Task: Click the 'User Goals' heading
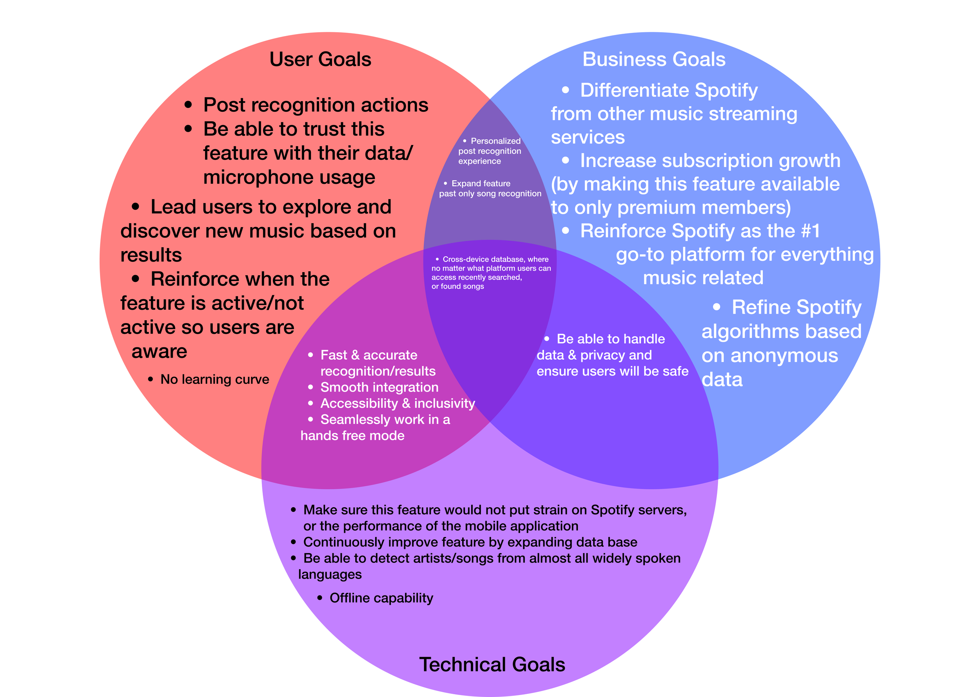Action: pos(320,59)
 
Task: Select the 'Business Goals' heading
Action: pos(653,59)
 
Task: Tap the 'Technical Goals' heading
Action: pos(492,664)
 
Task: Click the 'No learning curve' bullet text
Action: pos(214,379)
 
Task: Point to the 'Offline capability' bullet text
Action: pos(381,598)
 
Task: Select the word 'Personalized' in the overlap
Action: pos(495,141)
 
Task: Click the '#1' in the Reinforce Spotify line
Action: pos(810,231)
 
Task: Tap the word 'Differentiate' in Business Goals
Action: pos(634,90)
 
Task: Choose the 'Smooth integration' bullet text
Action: pos(379,387)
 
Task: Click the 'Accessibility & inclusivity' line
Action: pos(397,403)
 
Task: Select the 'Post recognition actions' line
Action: pos(316,105)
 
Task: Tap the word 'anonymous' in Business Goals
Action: pos(784,356)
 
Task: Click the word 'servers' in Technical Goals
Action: pos(652,510)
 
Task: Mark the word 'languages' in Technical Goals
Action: pos(330,574)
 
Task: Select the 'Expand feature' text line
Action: pos(481,183)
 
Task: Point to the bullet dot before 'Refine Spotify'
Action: pos(716,307)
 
